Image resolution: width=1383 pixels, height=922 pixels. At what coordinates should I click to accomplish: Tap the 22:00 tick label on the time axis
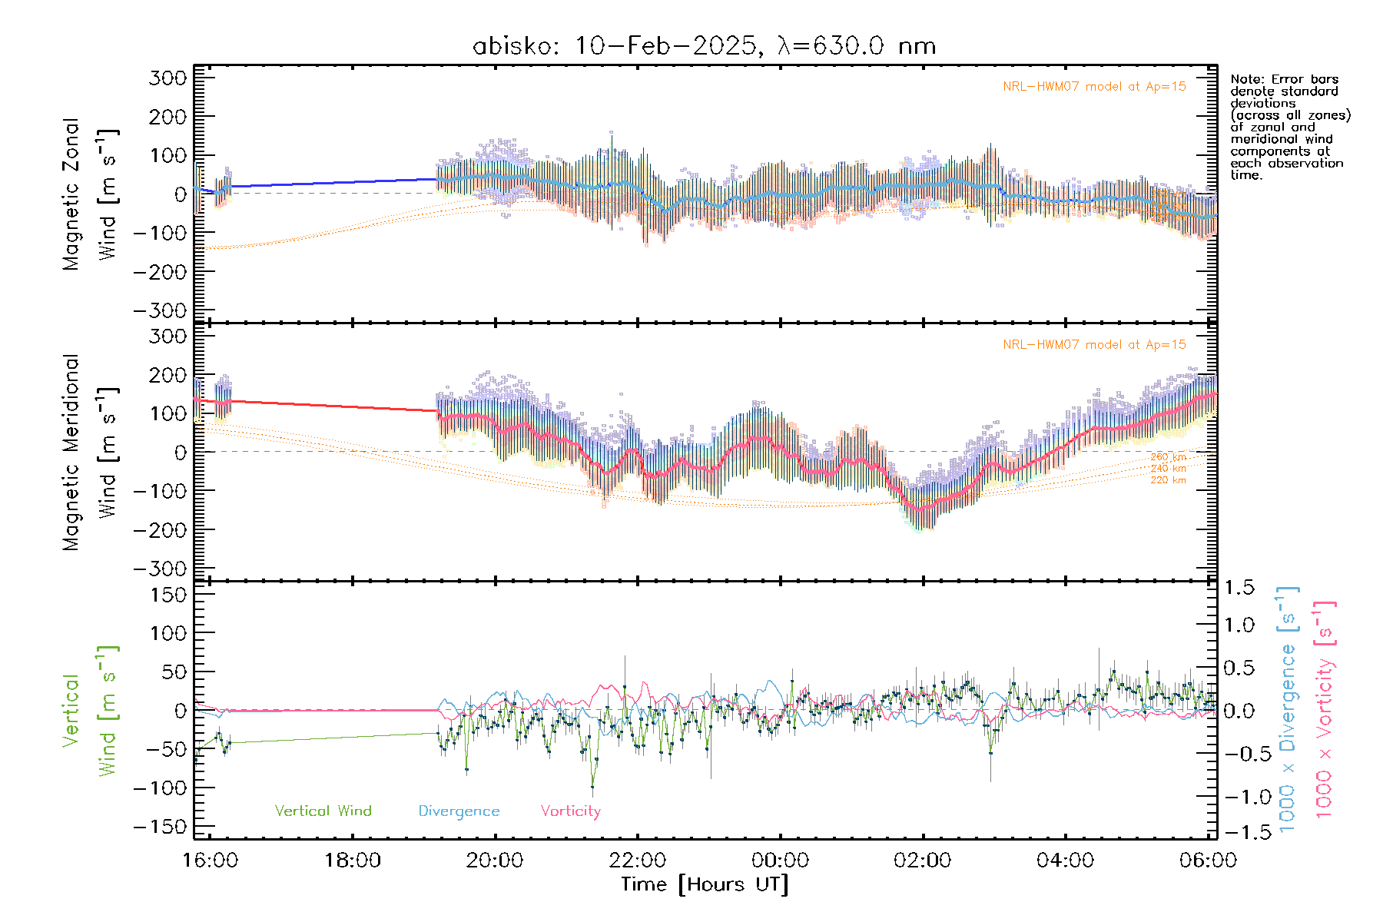pyautogui.click(x=637, y=860)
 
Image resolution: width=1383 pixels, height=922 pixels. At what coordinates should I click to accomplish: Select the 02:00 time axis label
pyautogui.click(x=922, y=860)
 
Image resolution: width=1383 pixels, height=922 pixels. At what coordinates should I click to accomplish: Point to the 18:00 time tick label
pyautogui.click(x=352, y=860)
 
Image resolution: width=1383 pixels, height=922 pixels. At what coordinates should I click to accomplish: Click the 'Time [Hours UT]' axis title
pyautogui.click(x=705, y=884)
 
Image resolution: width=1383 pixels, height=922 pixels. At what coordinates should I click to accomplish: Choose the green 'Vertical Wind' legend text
pyautogui.click(x=323, y=811)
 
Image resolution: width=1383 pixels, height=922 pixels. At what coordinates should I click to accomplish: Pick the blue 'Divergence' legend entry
pyautogui.click(x=459, y=811)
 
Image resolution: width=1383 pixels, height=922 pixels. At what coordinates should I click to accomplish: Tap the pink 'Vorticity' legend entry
pyautogui.click(x=570, y=811)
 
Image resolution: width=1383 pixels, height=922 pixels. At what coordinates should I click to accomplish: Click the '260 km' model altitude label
pyautogui.click(x=1168, y=457)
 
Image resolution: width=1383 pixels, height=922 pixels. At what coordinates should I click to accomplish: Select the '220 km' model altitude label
pyautogui.click(x=1168, y=480)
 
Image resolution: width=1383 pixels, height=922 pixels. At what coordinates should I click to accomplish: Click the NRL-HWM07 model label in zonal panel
pyautogui.click(x=1094, y=87)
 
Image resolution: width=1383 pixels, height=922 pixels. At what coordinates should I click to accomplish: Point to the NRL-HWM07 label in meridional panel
pyautogui.click(x=1094, y=345)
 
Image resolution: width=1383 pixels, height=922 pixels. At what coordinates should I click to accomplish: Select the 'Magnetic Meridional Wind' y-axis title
pyautogui.click(x=91, y=452)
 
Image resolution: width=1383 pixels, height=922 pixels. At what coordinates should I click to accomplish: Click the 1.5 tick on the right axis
pyautogui.click(x=1239, y=588)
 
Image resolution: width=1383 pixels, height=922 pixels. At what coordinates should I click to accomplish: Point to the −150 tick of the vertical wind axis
pyautogui.click(x=160, y=827)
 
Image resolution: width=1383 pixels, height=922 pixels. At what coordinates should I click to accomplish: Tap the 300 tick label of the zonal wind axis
pyautogui.click(x=167, y=78)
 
